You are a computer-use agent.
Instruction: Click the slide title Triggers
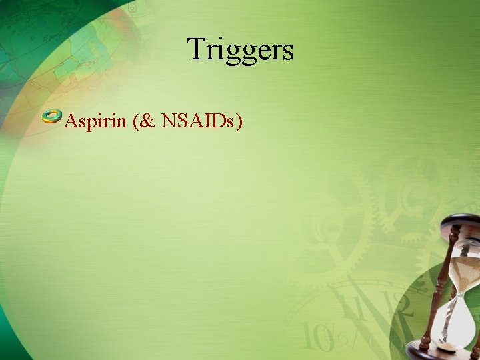pyautogui.click(x=240, y=49)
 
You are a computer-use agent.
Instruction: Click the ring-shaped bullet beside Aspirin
pyautogui.click(x=51, y=117)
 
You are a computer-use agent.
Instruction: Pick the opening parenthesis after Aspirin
pyautogui.click(x=135, y=121)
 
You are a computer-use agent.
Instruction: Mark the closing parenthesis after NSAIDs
pyautogui.click(x=238, y=121)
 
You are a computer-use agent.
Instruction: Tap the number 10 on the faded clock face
pyautogui.click(x=313, y=336)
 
